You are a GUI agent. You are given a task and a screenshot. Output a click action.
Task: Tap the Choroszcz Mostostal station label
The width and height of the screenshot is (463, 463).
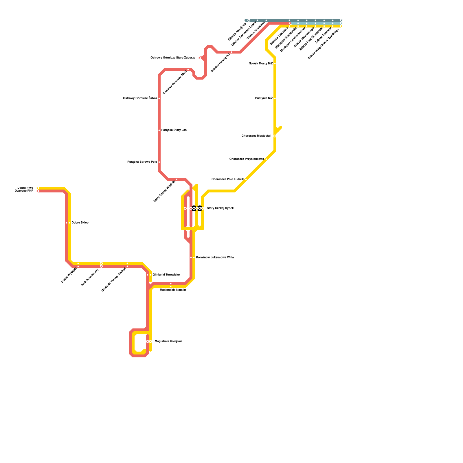pyautogui.click(x=256, y=136)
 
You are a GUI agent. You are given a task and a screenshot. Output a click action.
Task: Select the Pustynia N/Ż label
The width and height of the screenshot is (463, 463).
pyautogui.click(x=264, y=98)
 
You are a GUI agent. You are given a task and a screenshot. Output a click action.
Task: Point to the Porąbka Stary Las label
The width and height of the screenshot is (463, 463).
pyautogui.click(x=174, y=130)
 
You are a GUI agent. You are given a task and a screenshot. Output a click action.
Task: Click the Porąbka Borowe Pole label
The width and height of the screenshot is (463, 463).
pyautogui.click(x=142, y=162)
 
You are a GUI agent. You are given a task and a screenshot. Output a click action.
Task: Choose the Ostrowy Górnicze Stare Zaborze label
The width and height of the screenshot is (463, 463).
pyautogui.click(x=173, y=58)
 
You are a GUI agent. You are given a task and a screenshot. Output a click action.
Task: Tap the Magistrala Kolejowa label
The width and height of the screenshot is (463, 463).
pyautogui.click(x=168, y=341)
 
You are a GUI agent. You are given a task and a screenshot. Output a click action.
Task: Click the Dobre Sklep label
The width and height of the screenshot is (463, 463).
pyautogui.click(x=80, y=223)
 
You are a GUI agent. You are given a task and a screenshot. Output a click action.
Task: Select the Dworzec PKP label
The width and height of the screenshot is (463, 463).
pyautogui.click(x=24, y=191)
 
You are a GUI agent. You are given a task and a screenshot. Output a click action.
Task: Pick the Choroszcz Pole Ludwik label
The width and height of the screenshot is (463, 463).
pyautogui.click(x=227, y=179)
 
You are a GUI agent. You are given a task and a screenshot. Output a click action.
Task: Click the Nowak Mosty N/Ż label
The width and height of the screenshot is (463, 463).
pyautogui.click(x=260, y=64)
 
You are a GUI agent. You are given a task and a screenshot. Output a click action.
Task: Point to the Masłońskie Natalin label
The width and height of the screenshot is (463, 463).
pyautogui.click(x=173, y=290)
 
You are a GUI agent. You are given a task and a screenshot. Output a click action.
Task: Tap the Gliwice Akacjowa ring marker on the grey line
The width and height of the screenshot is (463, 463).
pyautogui.click(x=249, y=20)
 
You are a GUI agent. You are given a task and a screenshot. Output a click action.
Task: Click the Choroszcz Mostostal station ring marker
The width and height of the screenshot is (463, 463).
pyautogui.click(x=275, y=136)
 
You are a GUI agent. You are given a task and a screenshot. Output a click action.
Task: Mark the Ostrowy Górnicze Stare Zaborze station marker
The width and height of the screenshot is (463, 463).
pyautogui.click(x=200, y=58)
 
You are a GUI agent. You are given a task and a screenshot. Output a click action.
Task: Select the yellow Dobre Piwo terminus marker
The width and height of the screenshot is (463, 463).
pyautogui.click(x=38, y=188)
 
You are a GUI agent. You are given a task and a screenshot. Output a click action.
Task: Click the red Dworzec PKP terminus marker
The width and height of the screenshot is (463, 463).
pyautogui.click(x=38, y=191)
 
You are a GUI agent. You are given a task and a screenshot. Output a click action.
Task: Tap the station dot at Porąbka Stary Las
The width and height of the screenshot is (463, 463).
pyautogui.click(x=159, y=130)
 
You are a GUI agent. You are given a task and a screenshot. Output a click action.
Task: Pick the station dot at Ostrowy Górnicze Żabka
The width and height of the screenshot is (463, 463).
pyautogui.click(x=159, y=98)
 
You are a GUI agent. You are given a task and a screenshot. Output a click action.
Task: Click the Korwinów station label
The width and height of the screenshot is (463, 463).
pyautogui.click(x=215, y=258)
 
